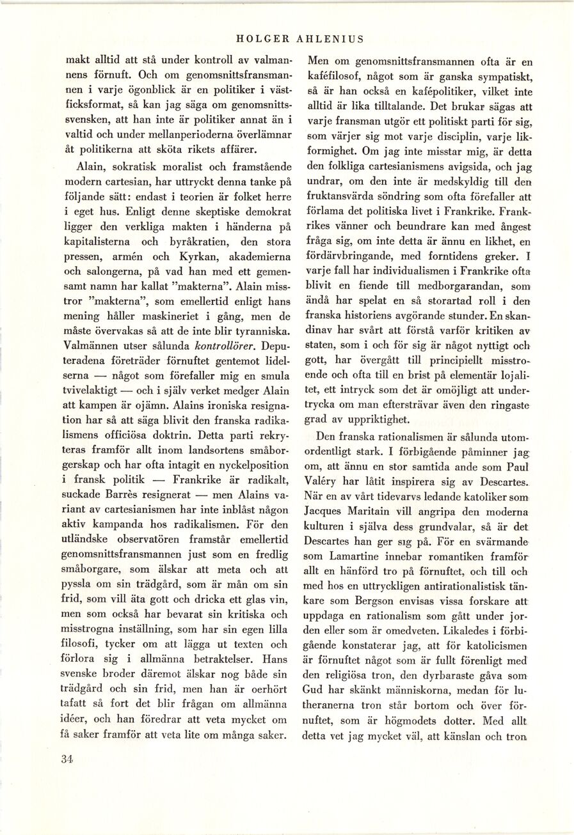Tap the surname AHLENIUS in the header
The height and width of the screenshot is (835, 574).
(331, 39)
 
